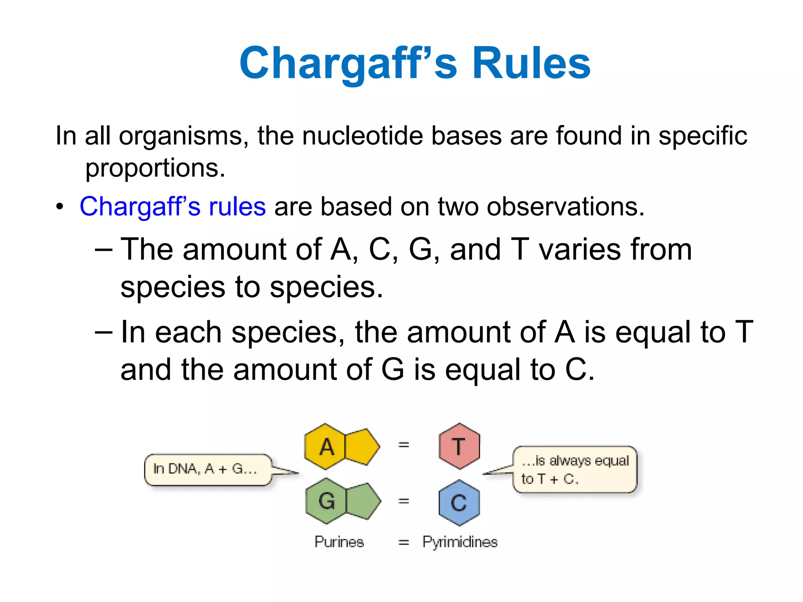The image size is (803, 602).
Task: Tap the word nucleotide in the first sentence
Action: tap(363, 136)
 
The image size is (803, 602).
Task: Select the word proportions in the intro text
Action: tap(155, 168)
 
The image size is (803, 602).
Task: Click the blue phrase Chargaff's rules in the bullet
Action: tap(173, 207)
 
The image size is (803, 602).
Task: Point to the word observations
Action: tap(565, 207)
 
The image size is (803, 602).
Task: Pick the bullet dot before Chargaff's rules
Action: tap(60, 207)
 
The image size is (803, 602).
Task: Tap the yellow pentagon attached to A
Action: tap(362, 446)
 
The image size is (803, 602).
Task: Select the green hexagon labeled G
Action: tap(326, 501)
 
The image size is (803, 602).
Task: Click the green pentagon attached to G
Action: tap(362, 501)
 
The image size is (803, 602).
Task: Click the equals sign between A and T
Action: tap(403, 445)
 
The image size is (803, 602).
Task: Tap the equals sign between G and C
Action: tap(403, 501)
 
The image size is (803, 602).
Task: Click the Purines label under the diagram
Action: tap(339, 542)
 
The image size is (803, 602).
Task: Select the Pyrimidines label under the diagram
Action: tap(460, 542)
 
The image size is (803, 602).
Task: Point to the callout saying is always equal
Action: tap(575, 470)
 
